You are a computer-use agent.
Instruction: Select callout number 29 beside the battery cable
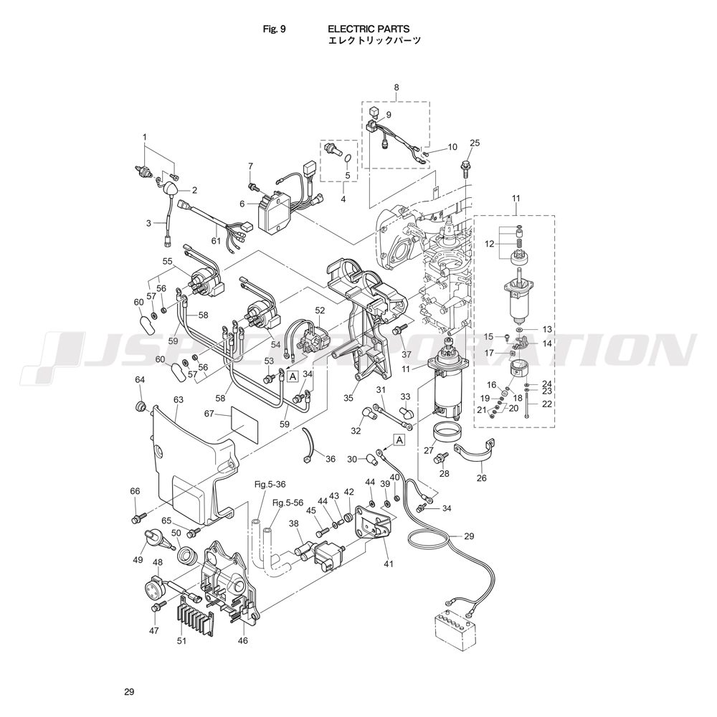[470, 536]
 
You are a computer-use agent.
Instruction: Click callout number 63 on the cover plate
[179, 399]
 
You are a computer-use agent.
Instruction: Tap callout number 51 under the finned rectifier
[181, 640]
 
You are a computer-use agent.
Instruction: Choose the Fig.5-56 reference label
[287, 503]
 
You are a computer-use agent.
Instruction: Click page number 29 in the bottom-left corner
[129, 692]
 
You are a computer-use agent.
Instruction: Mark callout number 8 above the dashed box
[396, 87]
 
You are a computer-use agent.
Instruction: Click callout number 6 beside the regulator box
[242, 203]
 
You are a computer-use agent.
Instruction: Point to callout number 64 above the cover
[140, 379]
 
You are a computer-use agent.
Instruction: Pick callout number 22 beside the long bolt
[547, 404]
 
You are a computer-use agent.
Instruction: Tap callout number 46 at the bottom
[242, 640]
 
